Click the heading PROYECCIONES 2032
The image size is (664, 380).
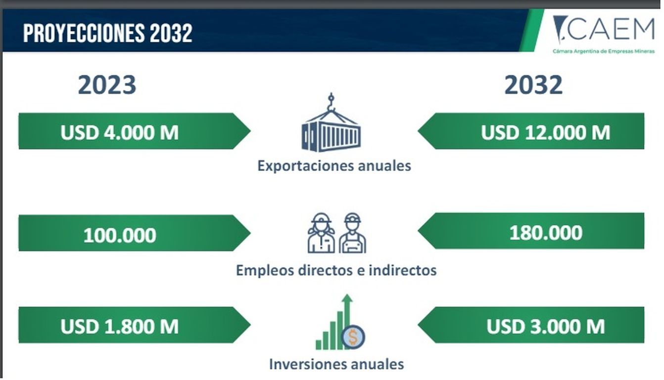click(108, 33)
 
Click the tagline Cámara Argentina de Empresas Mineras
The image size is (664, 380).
click(604, 51)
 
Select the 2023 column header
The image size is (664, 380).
click(107, 85)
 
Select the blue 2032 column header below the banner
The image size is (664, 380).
click(533, 85)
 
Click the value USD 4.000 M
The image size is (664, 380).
click(119, 132)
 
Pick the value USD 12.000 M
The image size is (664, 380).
click(546, 132)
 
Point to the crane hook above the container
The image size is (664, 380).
click(331, 101)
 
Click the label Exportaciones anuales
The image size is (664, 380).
click(334, 166)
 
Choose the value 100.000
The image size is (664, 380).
click(120, 236)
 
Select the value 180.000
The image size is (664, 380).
click(546, 233)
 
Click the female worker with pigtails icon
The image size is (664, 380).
click(321, 233)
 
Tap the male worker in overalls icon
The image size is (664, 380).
click(352, 233)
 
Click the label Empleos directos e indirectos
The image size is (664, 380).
click(336, 270)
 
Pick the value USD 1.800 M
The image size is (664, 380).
click(119, 327)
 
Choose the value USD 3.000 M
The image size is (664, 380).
click(546, 327)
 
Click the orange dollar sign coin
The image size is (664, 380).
click(353, 337)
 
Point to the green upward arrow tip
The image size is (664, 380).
click(347, 295)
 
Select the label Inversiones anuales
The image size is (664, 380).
click(336, 364)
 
